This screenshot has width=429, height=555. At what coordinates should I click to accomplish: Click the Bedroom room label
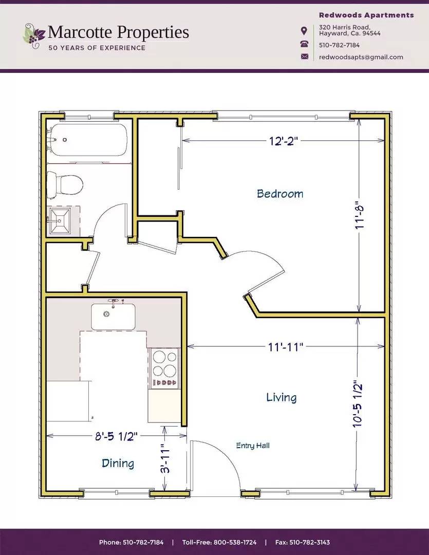pos(280,194)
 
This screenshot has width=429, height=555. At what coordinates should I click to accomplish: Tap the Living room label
pos(281,397)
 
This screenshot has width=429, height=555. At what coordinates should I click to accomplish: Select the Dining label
pos(118,463)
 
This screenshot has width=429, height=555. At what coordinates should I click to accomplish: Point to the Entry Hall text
pos(253,446)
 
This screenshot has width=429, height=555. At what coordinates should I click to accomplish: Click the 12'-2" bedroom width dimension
pos(284,141)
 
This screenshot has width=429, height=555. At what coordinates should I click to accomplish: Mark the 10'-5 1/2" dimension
pos(358,404)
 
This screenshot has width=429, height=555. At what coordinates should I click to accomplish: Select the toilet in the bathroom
pos(65,183)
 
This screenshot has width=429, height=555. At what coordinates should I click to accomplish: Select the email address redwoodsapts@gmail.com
pos(361,57)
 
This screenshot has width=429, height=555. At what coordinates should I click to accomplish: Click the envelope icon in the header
pos(305,57)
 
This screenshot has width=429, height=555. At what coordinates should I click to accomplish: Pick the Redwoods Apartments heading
pos(366,15)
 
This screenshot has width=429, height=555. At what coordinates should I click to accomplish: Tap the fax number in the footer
pos(303,542)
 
